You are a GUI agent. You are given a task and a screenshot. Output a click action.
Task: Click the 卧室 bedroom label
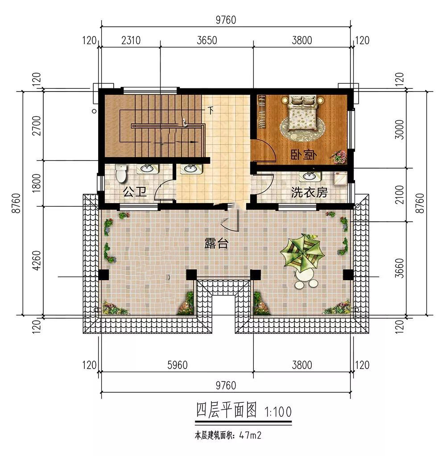click(x=304, y=155)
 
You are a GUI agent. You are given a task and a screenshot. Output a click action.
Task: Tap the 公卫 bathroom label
click(x=135, y=192)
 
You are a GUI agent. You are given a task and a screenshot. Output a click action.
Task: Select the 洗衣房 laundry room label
click(x=310, y=192)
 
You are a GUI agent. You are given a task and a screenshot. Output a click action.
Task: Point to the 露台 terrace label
click(x=216, y=243)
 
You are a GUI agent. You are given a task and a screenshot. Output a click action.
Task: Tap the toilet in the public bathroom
click(x=120, y=173)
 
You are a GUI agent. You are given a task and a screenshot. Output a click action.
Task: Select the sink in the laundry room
click(x=309, y=176)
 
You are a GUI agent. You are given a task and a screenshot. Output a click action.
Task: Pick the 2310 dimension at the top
click(x=131, y=40)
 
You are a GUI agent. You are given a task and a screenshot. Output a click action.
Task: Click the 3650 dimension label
click(x=206, y=40)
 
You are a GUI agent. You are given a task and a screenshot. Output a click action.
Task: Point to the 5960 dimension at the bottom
click(x=178, y=365)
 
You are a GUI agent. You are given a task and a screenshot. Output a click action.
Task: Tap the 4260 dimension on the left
click(x=37, y=261)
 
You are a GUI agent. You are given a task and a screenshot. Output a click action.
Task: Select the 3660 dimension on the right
click(x=400, y=268)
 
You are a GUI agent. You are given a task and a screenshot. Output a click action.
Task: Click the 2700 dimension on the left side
click(x=37, y=126)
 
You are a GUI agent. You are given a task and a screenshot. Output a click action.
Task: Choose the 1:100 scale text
click(x=278, y=412)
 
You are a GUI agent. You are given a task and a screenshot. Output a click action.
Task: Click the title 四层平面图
click(x=227, y=410)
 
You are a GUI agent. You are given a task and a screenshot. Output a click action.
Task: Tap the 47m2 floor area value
click(x=250, y=435)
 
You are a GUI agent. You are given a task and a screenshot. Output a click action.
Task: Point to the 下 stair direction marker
click(x=211, y=111)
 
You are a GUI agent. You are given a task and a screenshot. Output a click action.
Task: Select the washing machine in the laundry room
click(x=340, y=178)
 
